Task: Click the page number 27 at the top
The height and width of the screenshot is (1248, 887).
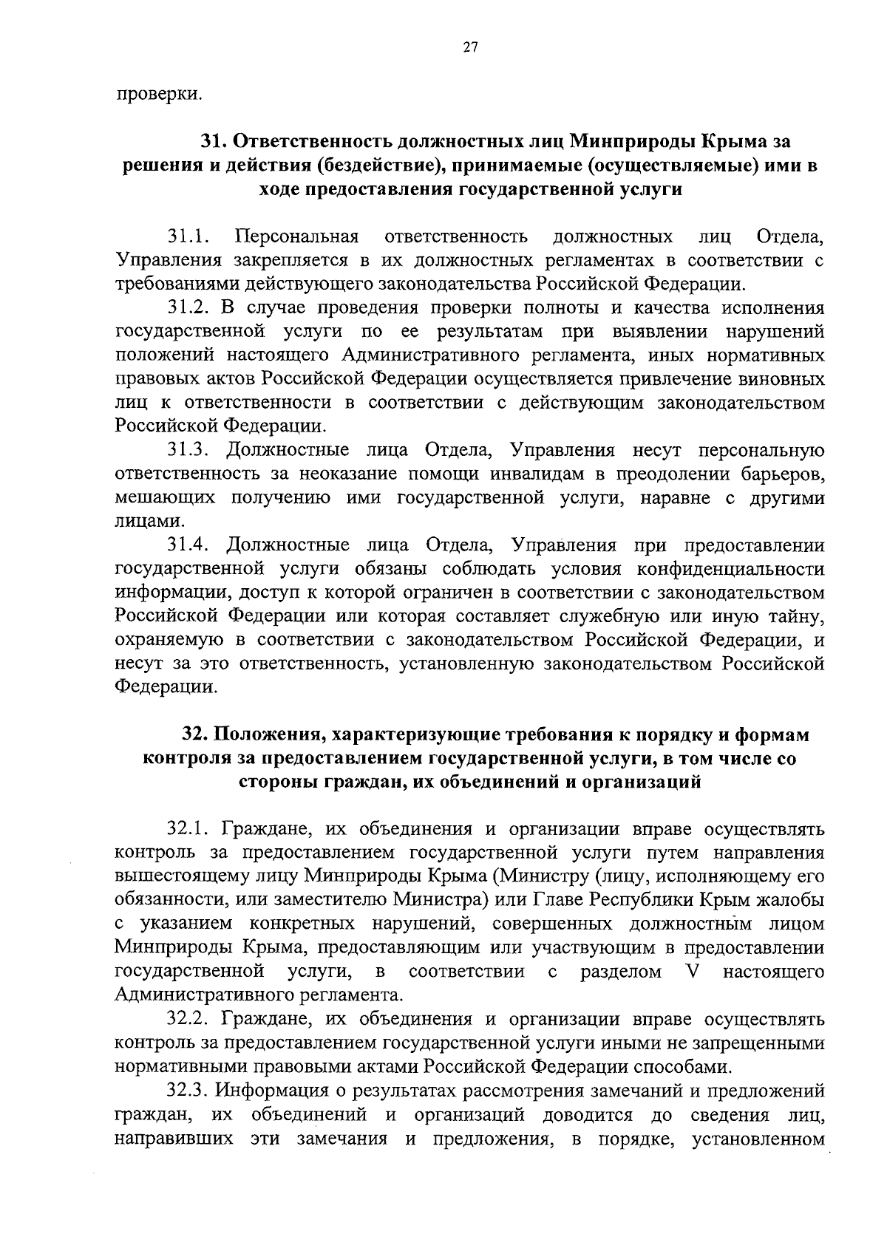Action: tap(471, 48)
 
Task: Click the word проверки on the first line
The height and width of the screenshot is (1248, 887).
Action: tap(158, 94)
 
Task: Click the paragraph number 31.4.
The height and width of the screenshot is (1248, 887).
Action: tap(188, 545)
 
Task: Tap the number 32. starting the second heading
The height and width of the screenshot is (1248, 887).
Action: tap(197, 735)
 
